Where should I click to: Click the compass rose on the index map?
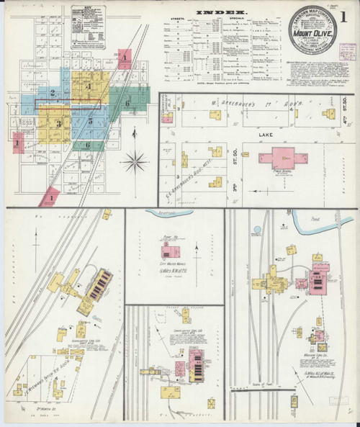[135, 161]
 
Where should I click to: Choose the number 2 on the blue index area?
[53, 91]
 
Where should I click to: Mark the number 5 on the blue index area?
[90, 122]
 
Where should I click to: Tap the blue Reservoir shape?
[170, 213]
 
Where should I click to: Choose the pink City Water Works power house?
[171, 252]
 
